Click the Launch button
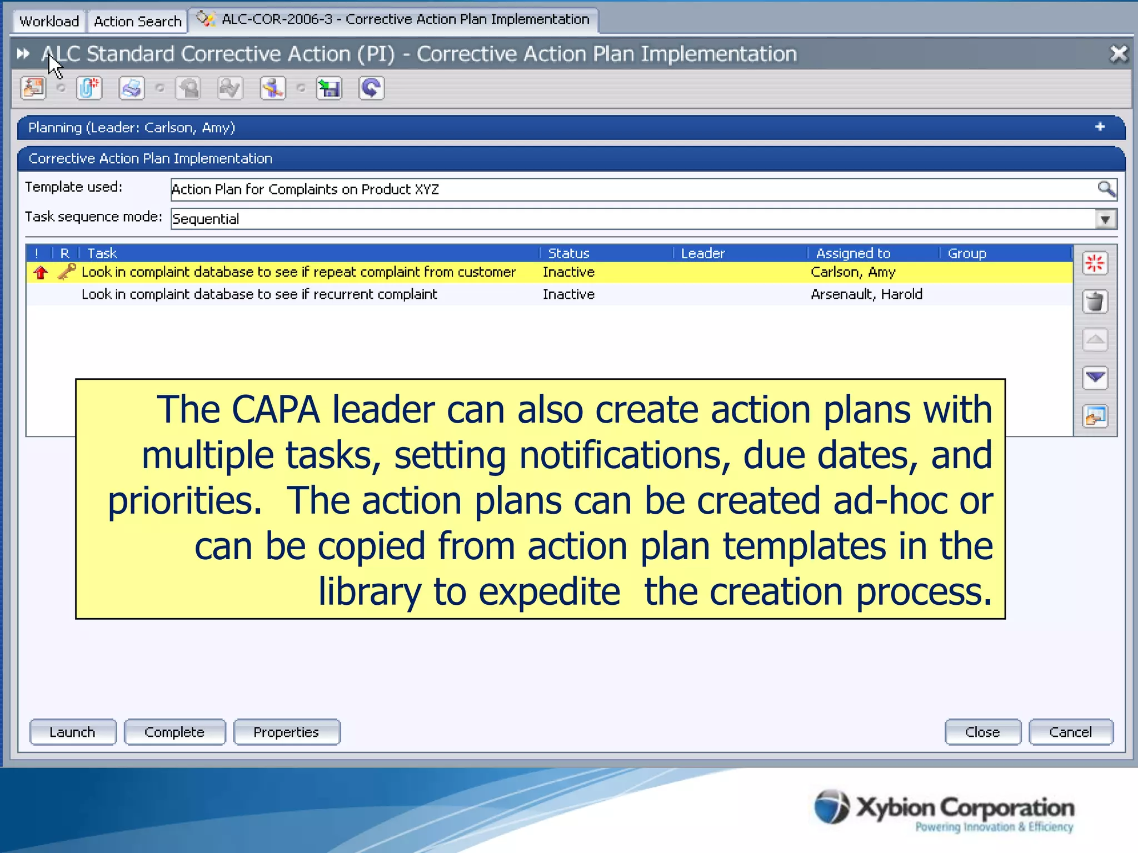73,732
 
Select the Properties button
286,732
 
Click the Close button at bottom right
982,732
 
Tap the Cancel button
1070,732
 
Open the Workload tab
49,21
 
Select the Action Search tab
137,21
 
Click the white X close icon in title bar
1119,54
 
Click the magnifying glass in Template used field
1106,189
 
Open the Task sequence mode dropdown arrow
1105,219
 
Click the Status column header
568,253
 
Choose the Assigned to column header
853,253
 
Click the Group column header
967,253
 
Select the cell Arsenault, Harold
866,294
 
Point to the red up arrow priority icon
41,272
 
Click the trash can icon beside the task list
1095,302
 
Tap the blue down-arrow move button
1095,378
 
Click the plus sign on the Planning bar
1100,127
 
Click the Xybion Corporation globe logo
832,806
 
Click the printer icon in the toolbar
132,88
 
